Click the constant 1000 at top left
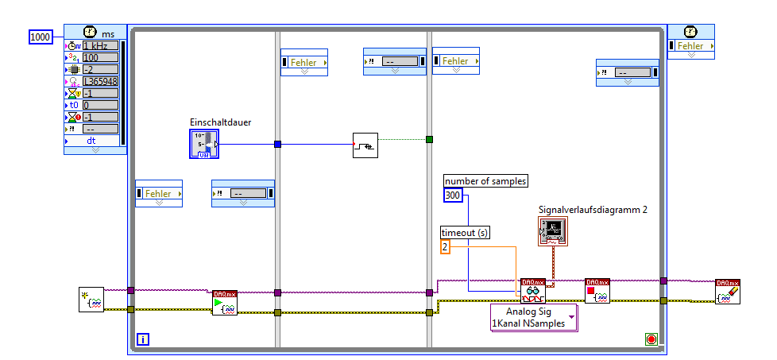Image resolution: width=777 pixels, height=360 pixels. pyautogui.click(x=41, y=37)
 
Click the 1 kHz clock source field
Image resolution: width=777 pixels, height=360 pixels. pyautogui.click(x=99, y=46)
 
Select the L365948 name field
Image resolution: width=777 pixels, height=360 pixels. pyautogui.click(x=99, y=81)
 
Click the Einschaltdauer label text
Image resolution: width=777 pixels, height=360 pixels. pyautogui.click(x=219, y=122)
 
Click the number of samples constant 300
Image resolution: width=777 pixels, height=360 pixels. pyautogui.click(x=452, y=195)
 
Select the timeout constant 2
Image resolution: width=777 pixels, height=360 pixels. pyautogui.click(x=446, y=247)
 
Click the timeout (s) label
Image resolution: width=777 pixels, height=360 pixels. pyautogui.click(x=466, y=232)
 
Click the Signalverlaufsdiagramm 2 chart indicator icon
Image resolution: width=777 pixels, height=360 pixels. pyautogui.click(x=554, y=231)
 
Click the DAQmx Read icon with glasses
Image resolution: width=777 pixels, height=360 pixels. pyautogui.click(x=533, y=291)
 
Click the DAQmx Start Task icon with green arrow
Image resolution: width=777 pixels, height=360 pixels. pyautogui.click(x=225, y=304)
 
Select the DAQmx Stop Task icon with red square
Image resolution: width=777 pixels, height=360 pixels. pyautogui.click(x=597, y=291)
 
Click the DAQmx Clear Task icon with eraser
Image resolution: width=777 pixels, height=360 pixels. pyautogui.click(x=728, y=292)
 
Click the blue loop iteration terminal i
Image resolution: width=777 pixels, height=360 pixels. pyautogui.click(x=143, y=340)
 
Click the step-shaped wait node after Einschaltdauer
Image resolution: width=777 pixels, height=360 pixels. pyautogui.click(x=365, y=145)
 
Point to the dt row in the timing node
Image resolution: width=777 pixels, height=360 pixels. pyautogui.click(x=94, y=141)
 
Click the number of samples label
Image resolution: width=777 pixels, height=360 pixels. pyautogui.click(x=485, y=181)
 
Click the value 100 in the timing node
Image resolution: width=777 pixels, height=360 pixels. pyautogui.click(x=99, y=57)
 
